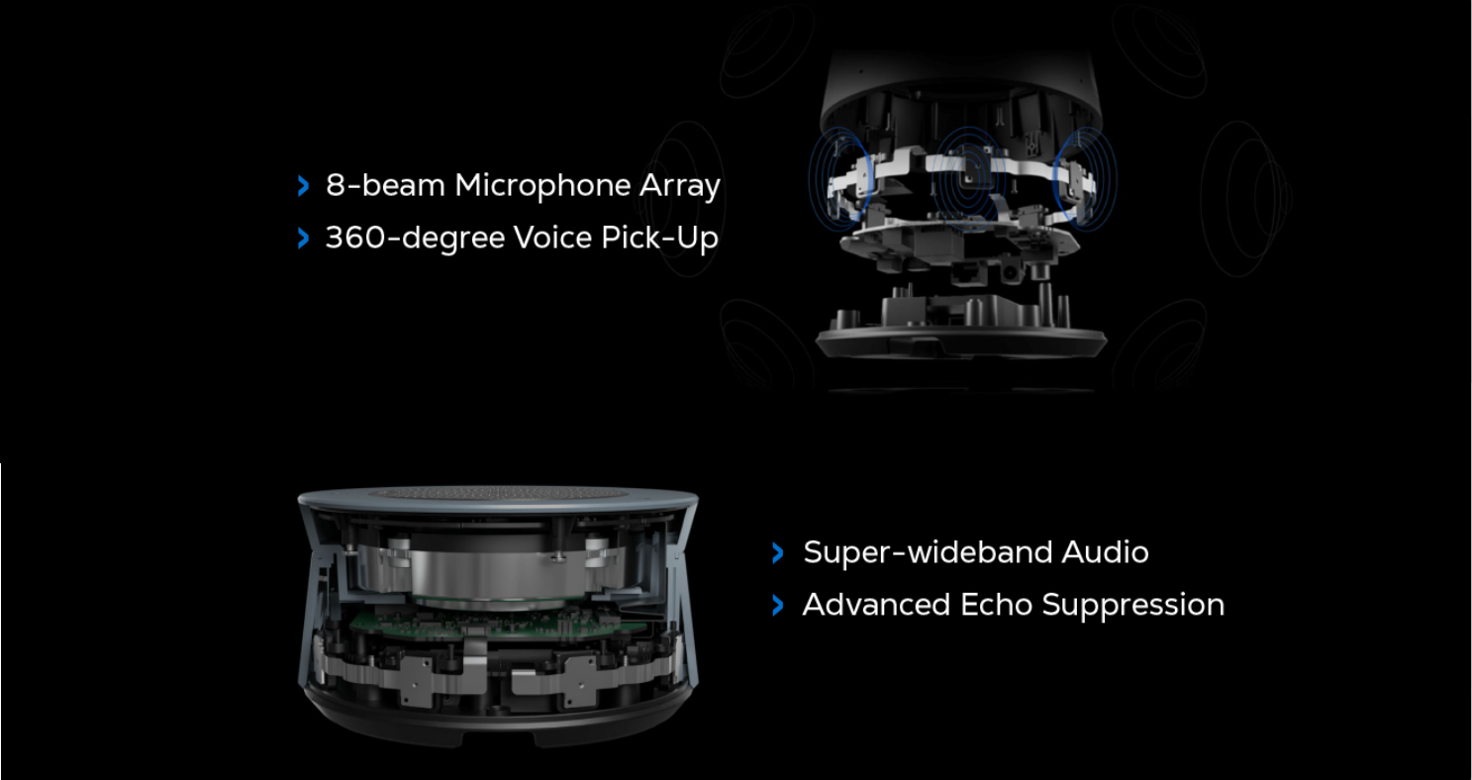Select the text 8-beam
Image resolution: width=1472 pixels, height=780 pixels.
click(x=386, y=185)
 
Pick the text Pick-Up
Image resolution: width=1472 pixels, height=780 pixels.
click(x=659, y=238)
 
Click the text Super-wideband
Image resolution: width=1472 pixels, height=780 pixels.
click(x=928, y=552)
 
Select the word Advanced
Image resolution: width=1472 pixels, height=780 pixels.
click(x=877, y=605)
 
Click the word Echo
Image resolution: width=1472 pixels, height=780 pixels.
click(x=996, y=605)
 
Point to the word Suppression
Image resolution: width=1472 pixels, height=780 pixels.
click(x=1133, y=606)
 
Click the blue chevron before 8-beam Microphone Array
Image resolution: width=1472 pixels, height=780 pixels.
click(x=303, y=186)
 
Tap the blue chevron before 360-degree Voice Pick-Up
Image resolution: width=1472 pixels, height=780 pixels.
click(x=303, y=238)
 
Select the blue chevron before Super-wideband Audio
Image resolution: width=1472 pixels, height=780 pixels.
click(x=778, y=552)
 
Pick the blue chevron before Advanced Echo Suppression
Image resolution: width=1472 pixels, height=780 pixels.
click(x=778, y=605)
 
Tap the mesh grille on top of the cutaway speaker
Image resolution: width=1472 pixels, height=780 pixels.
click(x=498, y=493)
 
